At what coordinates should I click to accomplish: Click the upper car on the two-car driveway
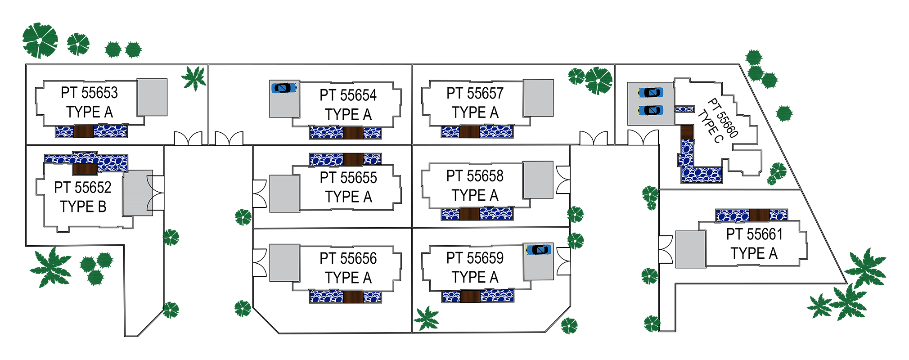coord(651,93)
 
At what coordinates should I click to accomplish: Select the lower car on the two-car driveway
coord(651,110)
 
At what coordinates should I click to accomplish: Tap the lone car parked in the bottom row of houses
coord(539,250)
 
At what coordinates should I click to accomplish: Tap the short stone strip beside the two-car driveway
coord(684,109)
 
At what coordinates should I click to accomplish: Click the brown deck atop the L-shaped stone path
coord(687,132)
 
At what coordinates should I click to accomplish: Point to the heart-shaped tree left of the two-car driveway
coord(586,88)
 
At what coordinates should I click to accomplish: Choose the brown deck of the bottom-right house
coord(759,215)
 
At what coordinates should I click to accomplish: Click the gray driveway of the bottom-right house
coord(690,249)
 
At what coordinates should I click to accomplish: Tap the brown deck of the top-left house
coord(83,131)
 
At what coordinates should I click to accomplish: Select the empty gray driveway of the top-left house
coord(152,97)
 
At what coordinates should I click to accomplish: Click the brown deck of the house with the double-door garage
coord(85,168)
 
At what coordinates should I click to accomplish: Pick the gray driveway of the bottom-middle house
coord(284,263)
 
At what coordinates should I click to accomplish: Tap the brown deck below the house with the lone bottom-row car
coord(470,296)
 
